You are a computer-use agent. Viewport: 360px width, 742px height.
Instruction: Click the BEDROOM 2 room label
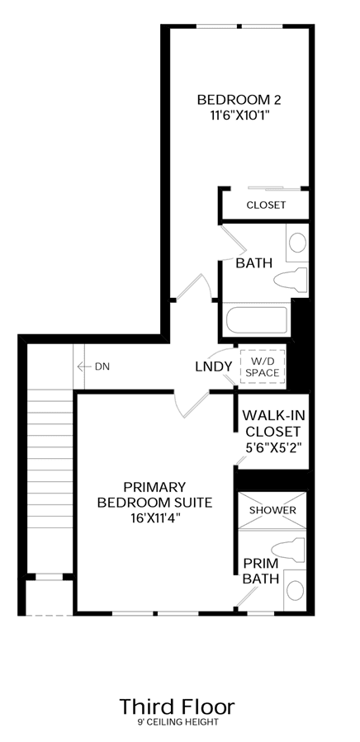[x=239, y=100]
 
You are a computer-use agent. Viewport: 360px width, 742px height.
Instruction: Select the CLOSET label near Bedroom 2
[x=266, y=205]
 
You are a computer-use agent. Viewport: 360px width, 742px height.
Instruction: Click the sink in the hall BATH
[x=297, y=243]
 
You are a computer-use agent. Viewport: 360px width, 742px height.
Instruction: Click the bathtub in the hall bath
[x=256, y=320]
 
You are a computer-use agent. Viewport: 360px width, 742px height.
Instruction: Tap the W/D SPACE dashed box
[x=263, y=366]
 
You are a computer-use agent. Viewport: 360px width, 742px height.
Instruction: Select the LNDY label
[x=214, y=366]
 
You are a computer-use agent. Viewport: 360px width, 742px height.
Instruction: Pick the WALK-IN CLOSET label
[x=273, y=423]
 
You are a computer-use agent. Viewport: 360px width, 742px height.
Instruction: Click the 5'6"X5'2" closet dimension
[x=273, y=447]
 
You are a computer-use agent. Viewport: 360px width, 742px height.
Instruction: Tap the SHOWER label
[x=272, y=511]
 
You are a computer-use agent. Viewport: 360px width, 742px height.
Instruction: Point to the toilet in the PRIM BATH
[x=288, y=550]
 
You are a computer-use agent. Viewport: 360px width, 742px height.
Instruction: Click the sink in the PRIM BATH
[x=296, y=589]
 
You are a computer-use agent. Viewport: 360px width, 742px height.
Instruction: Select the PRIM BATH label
[x=261, y=571]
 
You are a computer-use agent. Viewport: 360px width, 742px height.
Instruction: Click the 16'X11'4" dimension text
[x=154, y=518]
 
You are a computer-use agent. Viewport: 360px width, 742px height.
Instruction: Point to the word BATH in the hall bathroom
[x=254, y=263]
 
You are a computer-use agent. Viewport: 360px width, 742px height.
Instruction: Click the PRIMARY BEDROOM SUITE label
[x=154, y=494]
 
